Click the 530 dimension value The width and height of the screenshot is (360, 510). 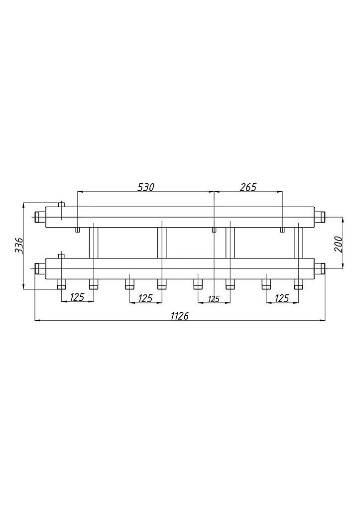146,187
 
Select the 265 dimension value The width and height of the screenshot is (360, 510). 248,187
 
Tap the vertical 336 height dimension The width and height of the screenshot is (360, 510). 19,246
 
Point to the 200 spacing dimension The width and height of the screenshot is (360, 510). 338,244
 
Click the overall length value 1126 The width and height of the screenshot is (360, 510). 180,315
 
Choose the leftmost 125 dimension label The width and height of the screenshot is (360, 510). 77,297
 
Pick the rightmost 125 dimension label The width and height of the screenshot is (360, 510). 282,298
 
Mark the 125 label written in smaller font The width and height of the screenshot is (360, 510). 214,299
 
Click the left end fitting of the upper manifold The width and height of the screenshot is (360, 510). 40,216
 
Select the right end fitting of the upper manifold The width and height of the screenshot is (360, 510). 320,216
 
